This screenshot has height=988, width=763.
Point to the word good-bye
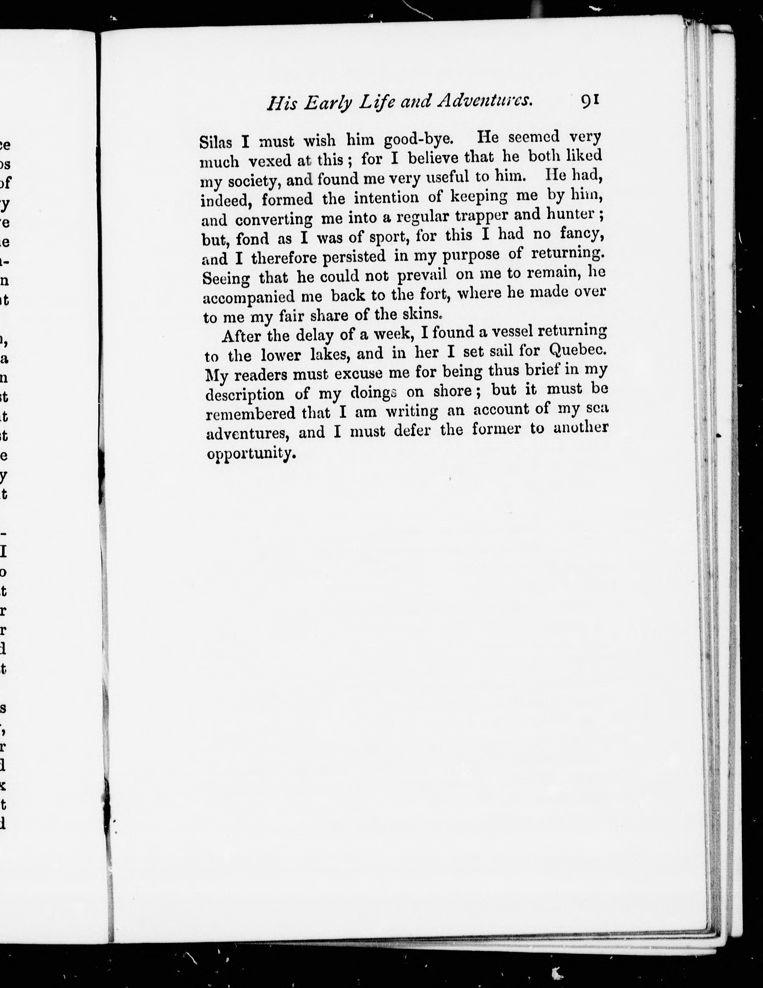click(x=418, y=139)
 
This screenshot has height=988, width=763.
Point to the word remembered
click(x=250, y=413)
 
